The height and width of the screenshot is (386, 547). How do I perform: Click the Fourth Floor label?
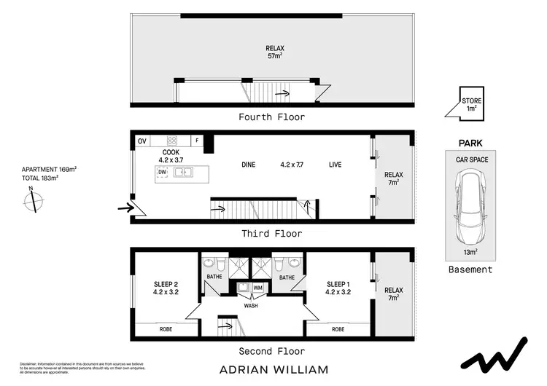click(x=272, y=117)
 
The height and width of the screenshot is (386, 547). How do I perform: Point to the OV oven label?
click(x=142, y=141)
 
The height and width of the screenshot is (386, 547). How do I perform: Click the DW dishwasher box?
click(x=162, y=173)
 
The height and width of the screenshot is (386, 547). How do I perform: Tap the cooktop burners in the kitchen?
click(x=174, y=141)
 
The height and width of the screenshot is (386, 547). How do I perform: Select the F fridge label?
click(x=196, y=141)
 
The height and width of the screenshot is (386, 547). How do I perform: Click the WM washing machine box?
click(x=257, y=288)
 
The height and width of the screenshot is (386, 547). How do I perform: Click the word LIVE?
click(x=335, y=165)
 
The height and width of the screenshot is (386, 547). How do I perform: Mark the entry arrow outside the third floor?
click(x=125, y=208)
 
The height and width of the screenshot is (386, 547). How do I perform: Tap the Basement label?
click(x=470, y=269)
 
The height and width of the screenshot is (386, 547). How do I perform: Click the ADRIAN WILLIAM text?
click(x=272, y=369)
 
